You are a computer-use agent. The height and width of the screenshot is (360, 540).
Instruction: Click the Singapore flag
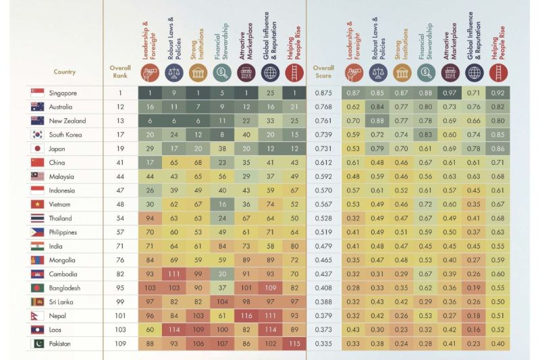[x=37, y=93]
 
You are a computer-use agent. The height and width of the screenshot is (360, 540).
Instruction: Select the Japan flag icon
[x=37, y=149]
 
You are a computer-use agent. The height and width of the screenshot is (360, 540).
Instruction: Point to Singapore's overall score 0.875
[x=323, y=93]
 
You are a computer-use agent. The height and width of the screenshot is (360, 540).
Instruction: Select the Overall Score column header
[x=323, y=72]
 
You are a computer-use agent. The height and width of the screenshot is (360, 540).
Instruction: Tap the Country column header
[x=65, y=72]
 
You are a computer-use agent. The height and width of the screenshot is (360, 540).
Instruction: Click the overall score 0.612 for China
[x=323, y=163]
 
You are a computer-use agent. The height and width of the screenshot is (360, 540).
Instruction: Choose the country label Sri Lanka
[x=61, y=302]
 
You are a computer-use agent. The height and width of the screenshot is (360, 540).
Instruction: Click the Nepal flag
[x=37, y=316]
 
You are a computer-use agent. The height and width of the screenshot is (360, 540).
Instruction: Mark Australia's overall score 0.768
[x=323, y=107]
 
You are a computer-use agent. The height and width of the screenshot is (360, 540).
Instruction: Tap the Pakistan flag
[x=37, y=344]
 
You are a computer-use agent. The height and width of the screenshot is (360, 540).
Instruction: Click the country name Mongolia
[x=63, y=260]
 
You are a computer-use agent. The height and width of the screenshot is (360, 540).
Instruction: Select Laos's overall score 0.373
[x=323, y=330]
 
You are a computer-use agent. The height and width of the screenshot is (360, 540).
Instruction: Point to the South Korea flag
[x=37, y=134]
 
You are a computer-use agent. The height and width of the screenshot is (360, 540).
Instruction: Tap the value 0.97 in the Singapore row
[x=450, y=93]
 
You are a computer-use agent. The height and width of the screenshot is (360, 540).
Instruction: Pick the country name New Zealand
[x=66, y=121]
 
